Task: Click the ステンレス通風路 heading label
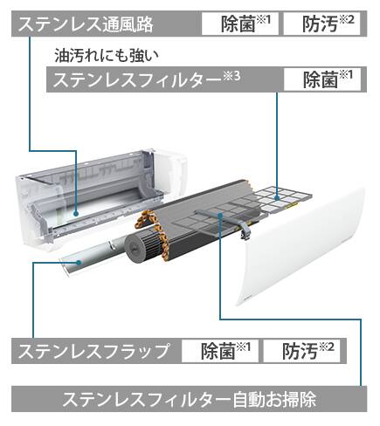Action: [x=86, y=24]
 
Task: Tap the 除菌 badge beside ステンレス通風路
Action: [x=240, y=24]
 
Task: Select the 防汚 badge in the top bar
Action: [x=322, y=24]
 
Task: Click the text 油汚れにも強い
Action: [x=107, y=56]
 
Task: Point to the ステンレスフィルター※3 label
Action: [x=147, y=79]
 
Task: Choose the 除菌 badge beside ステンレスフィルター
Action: [x=322, y=79]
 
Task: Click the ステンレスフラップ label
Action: [x=93, y=351]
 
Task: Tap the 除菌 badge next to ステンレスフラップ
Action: [x=220, y=351]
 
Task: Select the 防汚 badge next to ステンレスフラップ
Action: [x=301, y=351]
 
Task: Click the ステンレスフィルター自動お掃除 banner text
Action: [x=190, y=399]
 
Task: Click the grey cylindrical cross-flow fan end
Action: [x=135, y=249]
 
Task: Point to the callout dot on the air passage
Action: [x=76, y=214]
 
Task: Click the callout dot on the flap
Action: [x=78, y=263]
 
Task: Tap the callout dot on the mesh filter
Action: [x=277, y=197]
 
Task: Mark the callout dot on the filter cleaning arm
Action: [x=220, y=215]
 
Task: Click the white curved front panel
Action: [x=303, y=247]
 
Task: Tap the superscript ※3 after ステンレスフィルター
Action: [x=232, y=76]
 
